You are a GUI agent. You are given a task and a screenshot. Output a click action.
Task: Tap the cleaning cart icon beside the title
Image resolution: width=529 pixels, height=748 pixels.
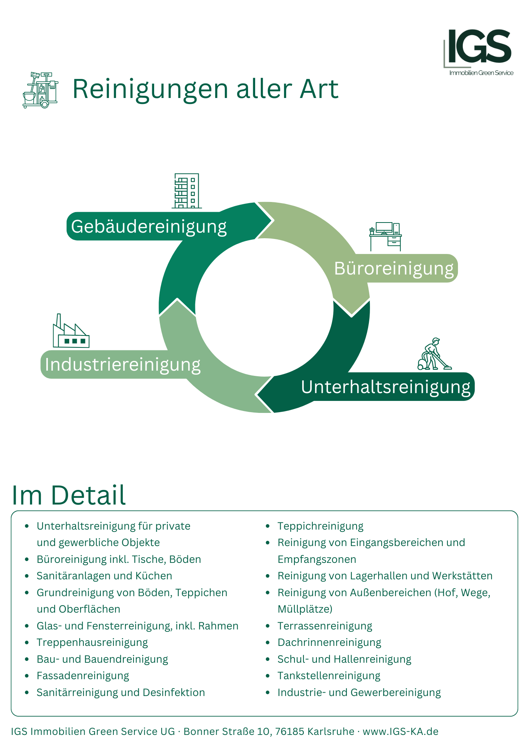pos(40,90)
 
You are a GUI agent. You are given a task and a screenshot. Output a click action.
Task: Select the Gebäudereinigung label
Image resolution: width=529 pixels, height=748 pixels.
pos(149,227)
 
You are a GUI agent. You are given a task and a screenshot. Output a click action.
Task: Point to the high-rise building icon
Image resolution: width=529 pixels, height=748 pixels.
pos(187,191)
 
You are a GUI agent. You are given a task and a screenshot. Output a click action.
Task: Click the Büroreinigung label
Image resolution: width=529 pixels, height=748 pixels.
pos(394,269)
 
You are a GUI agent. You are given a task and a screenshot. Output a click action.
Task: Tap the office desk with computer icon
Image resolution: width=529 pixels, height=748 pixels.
pos(385,237)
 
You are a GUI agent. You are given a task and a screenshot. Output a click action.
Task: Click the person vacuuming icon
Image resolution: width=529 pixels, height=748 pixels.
pos(434,354)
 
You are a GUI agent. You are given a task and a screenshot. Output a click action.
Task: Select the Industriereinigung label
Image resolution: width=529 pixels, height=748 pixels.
pos(123,365)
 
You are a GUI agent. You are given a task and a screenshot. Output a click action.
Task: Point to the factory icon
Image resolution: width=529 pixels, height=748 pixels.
pos(71,331)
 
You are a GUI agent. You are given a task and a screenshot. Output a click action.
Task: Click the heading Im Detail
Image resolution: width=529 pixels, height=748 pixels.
pos(69,495)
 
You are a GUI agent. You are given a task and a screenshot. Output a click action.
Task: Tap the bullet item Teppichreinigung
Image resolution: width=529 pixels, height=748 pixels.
pos(320,526)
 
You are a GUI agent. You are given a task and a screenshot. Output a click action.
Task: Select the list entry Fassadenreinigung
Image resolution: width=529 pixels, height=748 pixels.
pos(83,676)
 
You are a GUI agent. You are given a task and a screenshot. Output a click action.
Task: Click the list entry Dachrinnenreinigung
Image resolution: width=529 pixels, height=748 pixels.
pos(329,643)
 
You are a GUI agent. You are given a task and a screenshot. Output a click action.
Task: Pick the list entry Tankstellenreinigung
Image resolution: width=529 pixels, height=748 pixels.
pos(329,676)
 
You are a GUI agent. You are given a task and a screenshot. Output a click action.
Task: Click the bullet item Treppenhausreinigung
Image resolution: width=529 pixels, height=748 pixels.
pos(92,643)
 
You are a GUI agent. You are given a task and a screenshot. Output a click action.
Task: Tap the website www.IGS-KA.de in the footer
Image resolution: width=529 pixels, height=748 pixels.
pos(400,732)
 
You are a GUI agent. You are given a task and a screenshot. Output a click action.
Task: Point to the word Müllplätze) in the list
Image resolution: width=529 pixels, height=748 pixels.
pos(305,609)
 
